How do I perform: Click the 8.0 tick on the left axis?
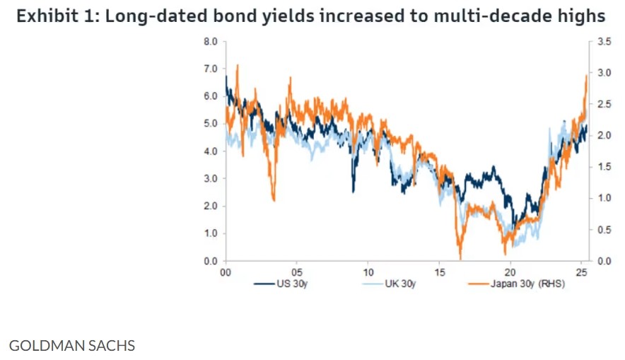click(x=211, y=42)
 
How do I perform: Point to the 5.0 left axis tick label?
click(x=211, y=124)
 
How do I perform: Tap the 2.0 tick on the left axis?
click(x=211, y=206)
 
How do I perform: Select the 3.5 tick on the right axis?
click(x=604, y=42)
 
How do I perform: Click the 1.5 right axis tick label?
click(x=604, y=167)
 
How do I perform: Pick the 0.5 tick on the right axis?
click(x=604, y=229)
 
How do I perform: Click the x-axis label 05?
click(x=297, y=272)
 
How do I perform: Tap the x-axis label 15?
click(x=439, y=272)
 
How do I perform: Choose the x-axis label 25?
click(x=581, y=272)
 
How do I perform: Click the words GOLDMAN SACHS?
click(x=71, y=346)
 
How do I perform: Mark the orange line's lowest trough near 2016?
click(x=460, y=258)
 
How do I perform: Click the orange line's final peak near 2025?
click(x=586, y=76)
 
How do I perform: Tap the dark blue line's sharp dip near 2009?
click(x=353, y=190)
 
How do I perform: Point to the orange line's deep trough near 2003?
click(x=274, y=199)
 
